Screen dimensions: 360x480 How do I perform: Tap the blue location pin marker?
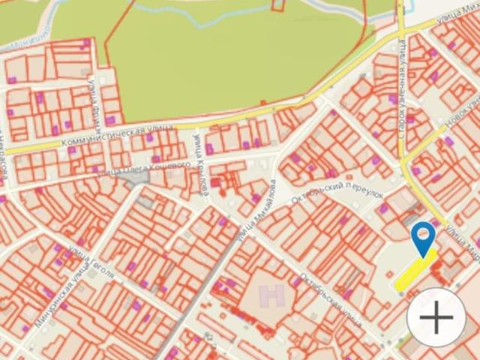424,237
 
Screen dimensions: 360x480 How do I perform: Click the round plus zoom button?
436,319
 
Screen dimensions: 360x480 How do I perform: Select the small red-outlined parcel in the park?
278,5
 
